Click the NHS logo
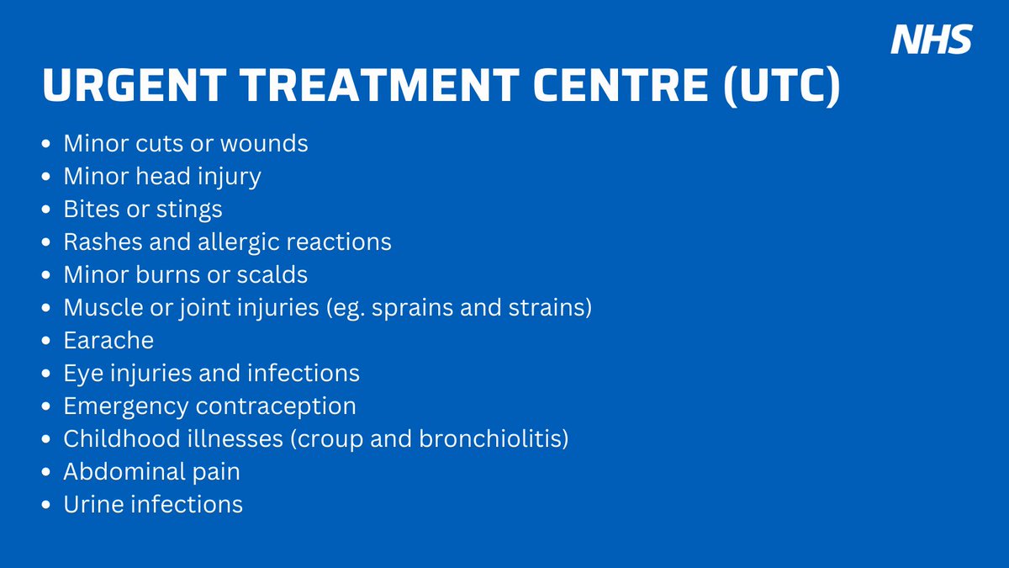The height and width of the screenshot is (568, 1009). pyautogui.click(x=931, y=39)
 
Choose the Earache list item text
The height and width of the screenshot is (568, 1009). pyautogui.click(x=108, y=341)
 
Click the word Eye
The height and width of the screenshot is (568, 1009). pyautogui.click(x=80, y=374)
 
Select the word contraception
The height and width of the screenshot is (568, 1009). pyautogui.click(x=276, y=406)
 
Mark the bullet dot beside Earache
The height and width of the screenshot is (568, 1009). pyautogui.click(x=46, y=342)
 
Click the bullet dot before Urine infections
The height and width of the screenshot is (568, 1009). pyautogui.click(x=46, y=506)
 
